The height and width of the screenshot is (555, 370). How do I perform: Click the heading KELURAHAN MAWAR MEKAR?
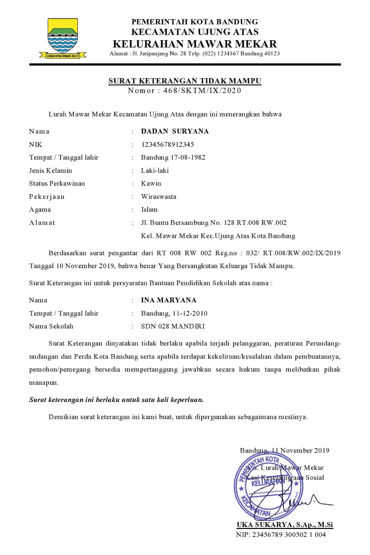pyautogui.click(x=195, y=44)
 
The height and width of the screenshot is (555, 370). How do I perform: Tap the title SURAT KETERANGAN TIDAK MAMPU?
pyautogui.click(x=184, y=81)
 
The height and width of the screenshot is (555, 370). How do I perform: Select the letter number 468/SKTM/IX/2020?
pyautogui.click(x=202, y=91)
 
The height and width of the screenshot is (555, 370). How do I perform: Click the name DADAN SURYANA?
pyautogui.click(x=175, y=131)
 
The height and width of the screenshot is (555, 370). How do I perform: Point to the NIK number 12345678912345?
pyautogui.click(x=167, y=144)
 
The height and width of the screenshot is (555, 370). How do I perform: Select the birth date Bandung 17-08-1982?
pyautogui.click(x=173, y=157)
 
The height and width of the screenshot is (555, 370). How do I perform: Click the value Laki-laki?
pyautogui.click(x=155, y=170)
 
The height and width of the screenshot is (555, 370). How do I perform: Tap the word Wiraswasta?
pyautogui.click(x=158, y=197)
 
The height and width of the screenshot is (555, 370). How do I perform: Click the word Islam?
pyautogui.click(x=149, y=210)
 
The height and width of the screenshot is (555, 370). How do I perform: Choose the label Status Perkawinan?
pyautogui.click(x=57, y=183)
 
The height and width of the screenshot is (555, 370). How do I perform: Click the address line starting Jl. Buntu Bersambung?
pyautogui.click(x=214, y=223)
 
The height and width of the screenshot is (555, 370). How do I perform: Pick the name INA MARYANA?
pyautogui.click(x=169, y=300)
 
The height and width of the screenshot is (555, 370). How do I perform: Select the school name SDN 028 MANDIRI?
pyautogui.click(x=173, y=326)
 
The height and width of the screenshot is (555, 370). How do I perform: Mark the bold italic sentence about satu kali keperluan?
pyautogui.click(x=116, y=400)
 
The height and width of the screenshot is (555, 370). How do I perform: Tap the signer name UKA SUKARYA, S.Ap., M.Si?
pyautogui.click(x=284, y=524)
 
